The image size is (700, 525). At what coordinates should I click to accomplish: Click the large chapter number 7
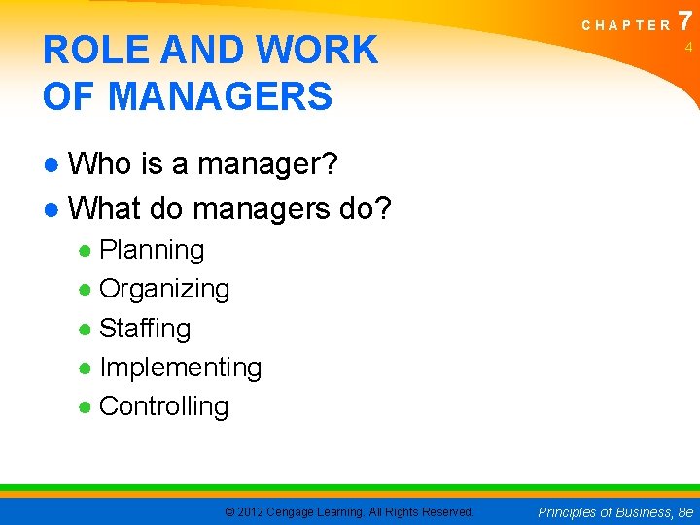coord(686,20)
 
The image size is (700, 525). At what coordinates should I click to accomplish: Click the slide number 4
coord(686,47)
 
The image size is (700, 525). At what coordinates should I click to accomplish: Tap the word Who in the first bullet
coord(103,165)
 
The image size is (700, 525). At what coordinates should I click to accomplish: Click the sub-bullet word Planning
coord(152,250)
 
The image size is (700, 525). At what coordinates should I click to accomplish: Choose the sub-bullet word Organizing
coord(164,289)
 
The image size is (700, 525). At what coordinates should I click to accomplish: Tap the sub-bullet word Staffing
coord(145,329)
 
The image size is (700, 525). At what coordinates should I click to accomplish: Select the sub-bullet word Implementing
coord(180,367)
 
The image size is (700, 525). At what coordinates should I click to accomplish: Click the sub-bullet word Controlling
coord(163,406)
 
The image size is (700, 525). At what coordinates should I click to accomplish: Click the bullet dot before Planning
coord(86,251)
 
